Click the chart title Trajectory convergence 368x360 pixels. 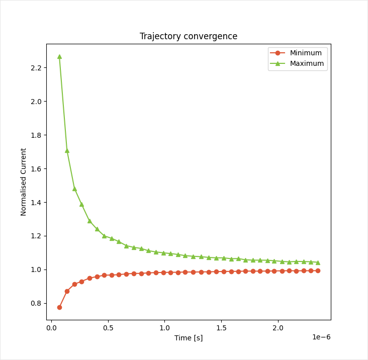pos(189,36)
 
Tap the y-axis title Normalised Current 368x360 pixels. pos(24,182)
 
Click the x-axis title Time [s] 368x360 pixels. pos(189,338)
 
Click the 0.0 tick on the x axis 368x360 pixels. pos(51,328)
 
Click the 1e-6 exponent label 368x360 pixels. pos(321,337)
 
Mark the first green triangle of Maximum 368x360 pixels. pos(59,56)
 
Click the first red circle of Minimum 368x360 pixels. pos(59,307)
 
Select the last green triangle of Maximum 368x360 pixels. pos(318,262)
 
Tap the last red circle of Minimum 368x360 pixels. pos(318,271)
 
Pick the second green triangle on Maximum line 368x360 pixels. pos(67,150)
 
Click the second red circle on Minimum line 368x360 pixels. pos(67,291)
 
